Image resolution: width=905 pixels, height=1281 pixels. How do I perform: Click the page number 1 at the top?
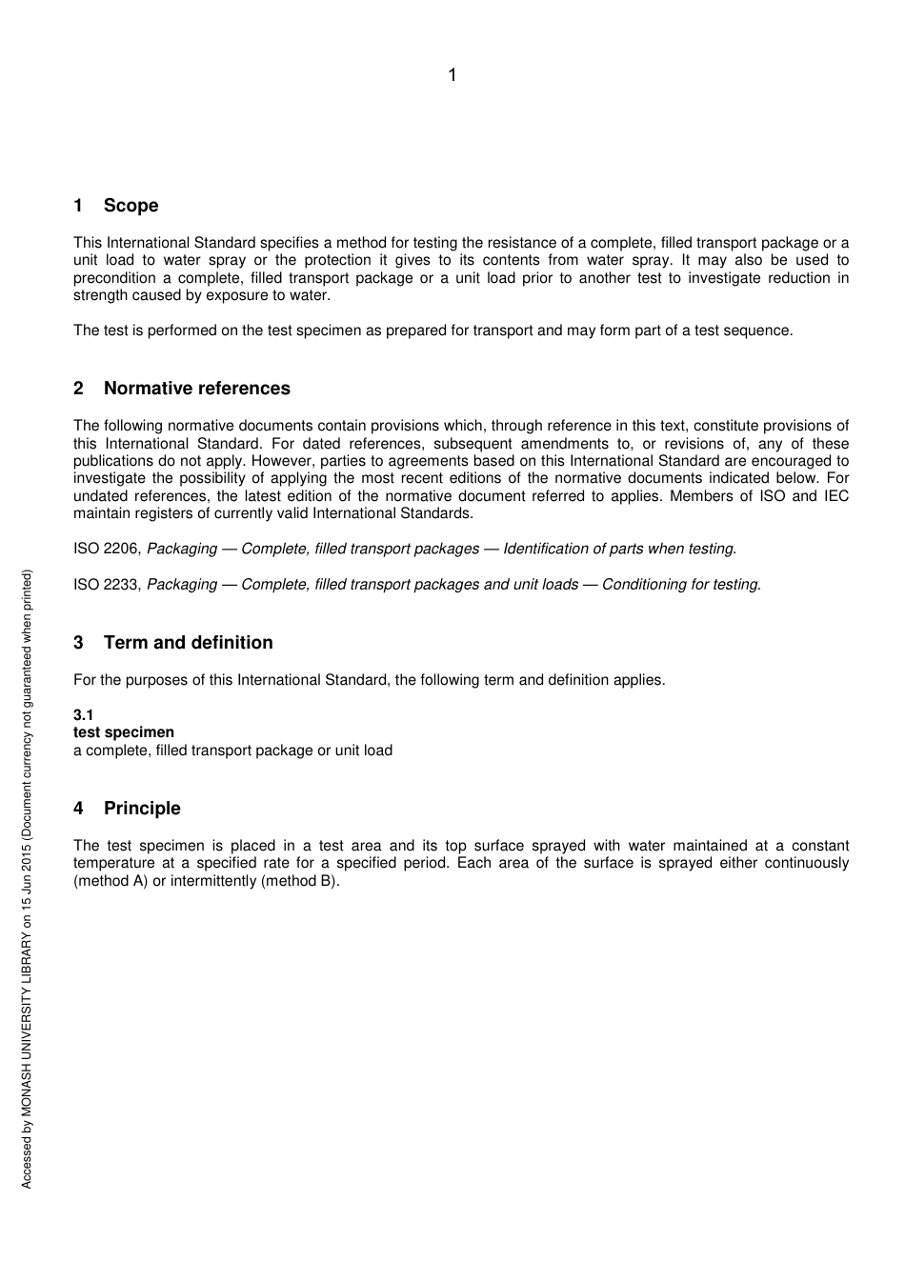click(x=452, y=75)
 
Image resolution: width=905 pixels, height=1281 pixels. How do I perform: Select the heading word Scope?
click(x=131, y=206)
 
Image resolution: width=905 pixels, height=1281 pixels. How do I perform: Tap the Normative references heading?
click(x=196, y=389)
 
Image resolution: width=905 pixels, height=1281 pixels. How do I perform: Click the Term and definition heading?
click(x=188, y=643)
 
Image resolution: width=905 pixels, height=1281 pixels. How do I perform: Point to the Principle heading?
click(x=142, y=809)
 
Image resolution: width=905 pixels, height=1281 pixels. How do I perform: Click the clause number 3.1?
click(x=84, y=715)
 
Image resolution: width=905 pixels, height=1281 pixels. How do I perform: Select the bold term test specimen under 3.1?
click(x=124, y=732)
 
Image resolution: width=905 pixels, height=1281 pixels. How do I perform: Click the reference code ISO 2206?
click(x=107, y=550)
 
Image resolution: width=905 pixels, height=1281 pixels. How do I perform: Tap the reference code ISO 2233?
click(x=107, y=585)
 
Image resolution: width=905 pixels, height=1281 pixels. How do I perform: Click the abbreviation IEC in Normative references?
click(x=835, y=496)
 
